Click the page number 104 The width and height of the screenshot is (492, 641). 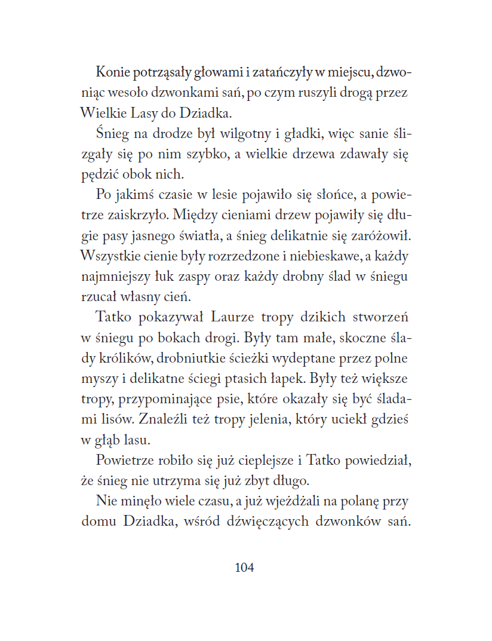click(x=245, y=568)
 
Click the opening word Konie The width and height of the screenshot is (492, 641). click(x=113, y=73)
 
